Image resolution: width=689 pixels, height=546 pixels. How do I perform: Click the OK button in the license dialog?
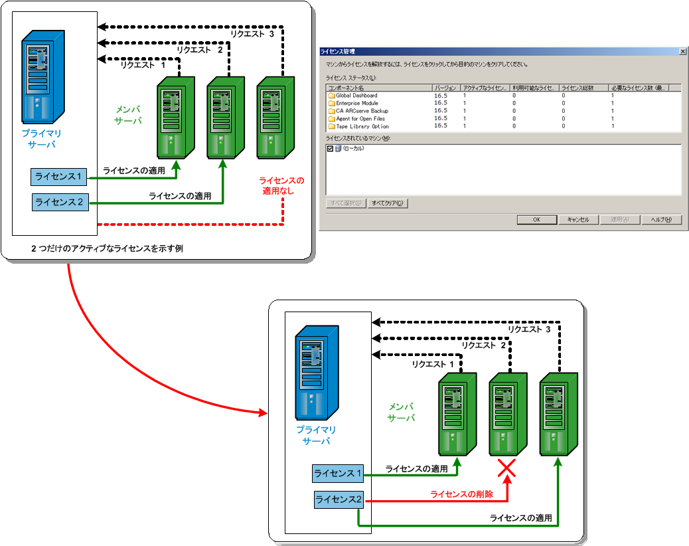(x=536, y=220)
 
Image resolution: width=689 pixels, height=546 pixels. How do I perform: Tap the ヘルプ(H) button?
(x=661, y=220)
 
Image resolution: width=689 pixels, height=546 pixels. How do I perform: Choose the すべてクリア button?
(x=388, y=203)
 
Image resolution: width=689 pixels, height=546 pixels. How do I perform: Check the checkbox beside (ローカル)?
(x=331, y=149)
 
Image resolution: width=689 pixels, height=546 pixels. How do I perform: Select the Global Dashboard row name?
(x=356, y=96)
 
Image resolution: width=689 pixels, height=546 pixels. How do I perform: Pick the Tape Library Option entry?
(x=362, y=126)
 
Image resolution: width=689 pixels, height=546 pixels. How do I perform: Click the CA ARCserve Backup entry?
(x=362, y=111)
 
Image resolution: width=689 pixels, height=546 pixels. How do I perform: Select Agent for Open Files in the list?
(x=360, y=118)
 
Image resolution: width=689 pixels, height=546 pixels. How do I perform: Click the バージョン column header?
(x=445, y=88)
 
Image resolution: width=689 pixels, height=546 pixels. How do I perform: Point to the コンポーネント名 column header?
(x=346, y=88)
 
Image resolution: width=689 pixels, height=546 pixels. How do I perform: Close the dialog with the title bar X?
(x=682, y=51)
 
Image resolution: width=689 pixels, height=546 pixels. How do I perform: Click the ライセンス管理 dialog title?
(x=338, y=51)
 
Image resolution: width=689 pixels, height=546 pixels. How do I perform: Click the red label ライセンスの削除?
(x=462, y=494)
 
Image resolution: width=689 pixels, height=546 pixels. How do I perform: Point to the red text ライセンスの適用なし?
(x=281, y=185)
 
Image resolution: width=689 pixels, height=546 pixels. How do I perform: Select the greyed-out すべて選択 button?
(x=345, y=203)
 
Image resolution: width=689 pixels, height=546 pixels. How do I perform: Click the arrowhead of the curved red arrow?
(x=264, y=415)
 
